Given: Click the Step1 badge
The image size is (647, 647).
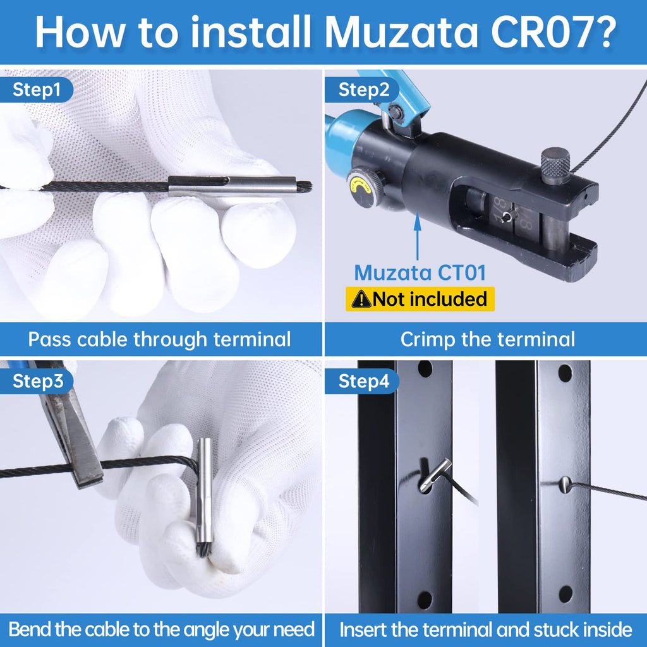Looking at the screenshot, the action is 36,90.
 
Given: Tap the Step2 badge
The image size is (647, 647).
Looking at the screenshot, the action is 362,90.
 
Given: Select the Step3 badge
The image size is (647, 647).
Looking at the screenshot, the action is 36,381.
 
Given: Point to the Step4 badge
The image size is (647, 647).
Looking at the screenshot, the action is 362,381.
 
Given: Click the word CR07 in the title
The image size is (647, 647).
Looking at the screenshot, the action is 553,32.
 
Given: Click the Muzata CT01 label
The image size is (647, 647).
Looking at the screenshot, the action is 420,273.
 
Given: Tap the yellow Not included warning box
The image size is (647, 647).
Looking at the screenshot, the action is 420,299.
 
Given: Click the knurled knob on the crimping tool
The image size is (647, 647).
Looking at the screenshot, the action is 555,166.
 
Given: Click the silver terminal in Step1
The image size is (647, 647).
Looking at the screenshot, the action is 233,186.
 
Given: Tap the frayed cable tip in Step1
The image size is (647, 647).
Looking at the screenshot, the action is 305,187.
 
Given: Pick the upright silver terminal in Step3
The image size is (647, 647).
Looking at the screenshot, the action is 204,491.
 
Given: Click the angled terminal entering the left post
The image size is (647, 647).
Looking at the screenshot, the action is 435,476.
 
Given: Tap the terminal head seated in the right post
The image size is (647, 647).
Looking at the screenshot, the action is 565,485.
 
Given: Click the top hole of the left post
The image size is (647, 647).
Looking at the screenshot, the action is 425,369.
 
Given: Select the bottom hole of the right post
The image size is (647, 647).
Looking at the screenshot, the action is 565,594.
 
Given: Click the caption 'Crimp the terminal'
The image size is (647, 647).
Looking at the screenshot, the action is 487,339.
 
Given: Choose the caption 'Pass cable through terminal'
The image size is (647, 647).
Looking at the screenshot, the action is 159,339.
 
